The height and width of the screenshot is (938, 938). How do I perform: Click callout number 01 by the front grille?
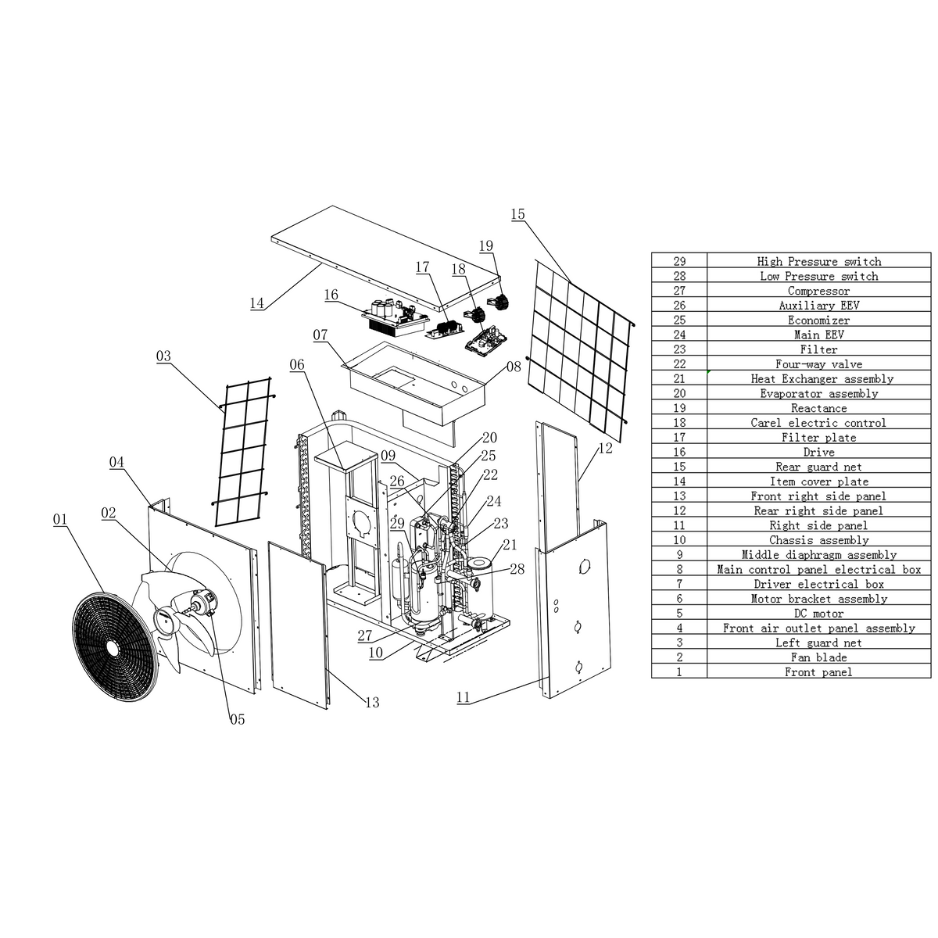(60, 519)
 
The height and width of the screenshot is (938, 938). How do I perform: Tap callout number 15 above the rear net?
(517, 214)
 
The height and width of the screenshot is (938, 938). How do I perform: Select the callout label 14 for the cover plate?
(257, 303)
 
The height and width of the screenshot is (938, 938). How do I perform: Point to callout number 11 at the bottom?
(464, 697)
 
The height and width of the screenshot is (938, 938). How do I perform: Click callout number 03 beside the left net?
(163, 356)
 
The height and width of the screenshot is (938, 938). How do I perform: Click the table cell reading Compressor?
(818, 291)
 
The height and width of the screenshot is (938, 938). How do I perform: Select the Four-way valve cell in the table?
(818, 364)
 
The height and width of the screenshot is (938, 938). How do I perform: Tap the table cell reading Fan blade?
(818, 657)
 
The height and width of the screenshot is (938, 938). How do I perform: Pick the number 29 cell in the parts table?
(679, 261)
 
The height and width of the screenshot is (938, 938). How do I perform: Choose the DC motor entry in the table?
(818, 614)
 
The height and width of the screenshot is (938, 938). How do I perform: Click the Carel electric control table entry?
(818, 423)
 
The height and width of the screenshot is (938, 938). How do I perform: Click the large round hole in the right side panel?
(583, 566)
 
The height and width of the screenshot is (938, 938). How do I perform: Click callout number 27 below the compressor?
(365, 636)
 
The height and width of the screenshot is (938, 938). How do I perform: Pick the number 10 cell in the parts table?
(679, 540)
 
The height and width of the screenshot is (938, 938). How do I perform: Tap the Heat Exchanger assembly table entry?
(818, 379)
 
